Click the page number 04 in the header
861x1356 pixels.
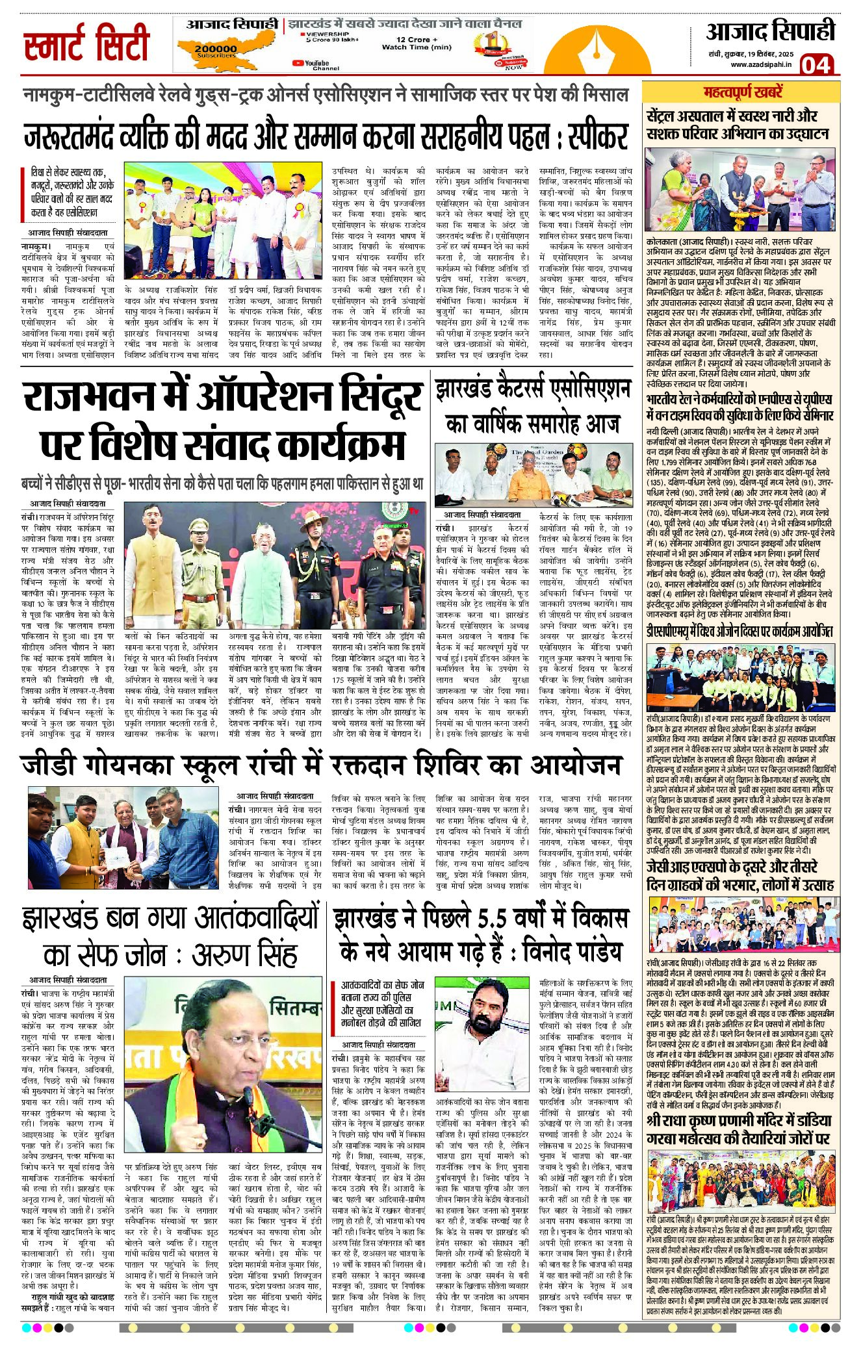click(x=816, y=65)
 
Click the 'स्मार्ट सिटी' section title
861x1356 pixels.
click(x=86, y=44)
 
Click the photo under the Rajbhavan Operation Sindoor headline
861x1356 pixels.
click(x=273, y=555)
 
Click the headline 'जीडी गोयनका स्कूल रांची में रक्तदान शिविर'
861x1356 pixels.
click(x=322, y=764)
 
